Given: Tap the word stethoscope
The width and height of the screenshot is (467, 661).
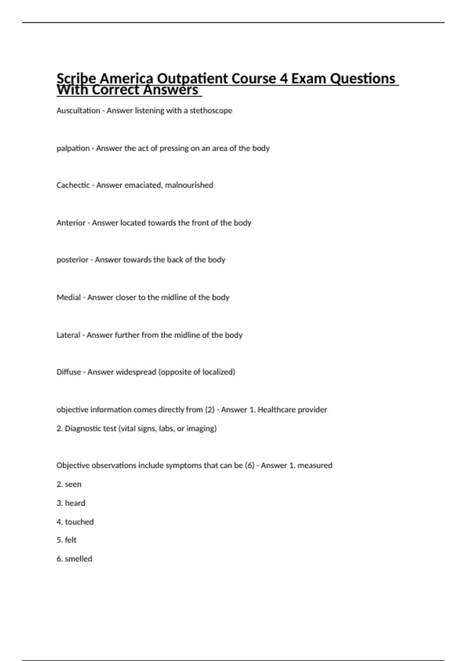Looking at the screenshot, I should [x=211, y=111].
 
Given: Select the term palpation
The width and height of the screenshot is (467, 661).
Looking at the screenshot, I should [x=73, y=149].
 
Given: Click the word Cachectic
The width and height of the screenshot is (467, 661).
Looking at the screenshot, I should [x=73, y=185].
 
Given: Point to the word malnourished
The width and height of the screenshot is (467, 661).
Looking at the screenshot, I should [x=189, y=185].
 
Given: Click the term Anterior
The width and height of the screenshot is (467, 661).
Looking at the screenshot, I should [x=71, y=223].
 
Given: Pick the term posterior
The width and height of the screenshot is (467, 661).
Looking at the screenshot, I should [x=72, y=260].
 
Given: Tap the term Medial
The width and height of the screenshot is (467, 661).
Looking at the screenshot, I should [x=68, y=297].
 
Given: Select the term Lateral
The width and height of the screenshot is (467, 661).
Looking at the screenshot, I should [x=68, y=335].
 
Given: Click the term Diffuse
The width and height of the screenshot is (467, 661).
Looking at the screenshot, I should [x=68, y=372].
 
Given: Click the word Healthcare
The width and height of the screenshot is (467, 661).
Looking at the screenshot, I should [x=276, y=410].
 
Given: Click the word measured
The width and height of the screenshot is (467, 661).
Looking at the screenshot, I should [x=314, y=465].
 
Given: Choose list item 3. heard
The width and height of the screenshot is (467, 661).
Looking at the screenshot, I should [x=71, y=503].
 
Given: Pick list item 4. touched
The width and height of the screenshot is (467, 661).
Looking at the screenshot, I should [x=75, y=522].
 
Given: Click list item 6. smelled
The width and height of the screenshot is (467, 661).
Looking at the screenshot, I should [x=74, y=559].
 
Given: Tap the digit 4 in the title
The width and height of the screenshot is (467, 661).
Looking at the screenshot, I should [x=284, y=79].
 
